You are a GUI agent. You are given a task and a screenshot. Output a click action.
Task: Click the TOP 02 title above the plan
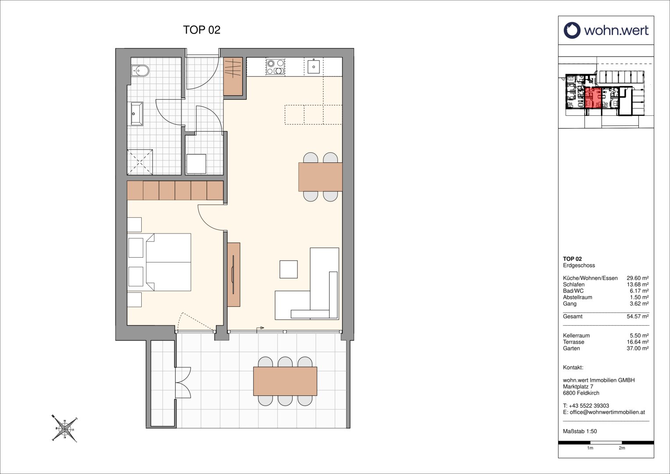tap(201, 30)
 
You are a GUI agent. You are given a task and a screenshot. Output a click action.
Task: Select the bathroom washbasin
tap(136, 114)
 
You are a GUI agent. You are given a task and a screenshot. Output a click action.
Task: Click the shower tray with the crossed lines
tap(140, 162)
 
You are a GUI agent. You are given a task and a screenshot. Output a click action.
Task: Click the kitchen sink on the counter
tap(314, 67)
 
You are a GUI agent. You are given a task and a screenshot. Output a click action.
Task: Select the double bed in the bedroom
tap(168, 262)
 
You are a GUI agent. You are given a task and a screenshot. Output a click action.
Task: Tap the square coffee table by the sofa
tap(289, 269)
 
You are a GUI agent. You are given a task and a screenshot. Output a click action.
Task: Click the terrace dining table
tap(285, 381)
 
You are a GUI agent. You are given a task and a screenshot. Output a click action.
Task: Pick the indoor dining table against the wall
tap(320, 177)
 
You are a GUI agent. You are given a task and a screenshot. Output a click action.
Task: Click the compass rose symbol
tap(64, 429)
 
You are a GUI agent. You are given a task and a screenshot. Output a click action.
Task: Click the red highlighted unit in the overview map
tap(593, 97)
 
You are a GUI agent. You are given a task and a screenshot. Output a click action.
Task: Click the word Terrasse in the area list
tap(573, 342)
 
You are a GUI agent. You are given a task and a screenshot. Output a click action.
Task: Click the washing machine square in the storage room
tap(196, 164)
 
